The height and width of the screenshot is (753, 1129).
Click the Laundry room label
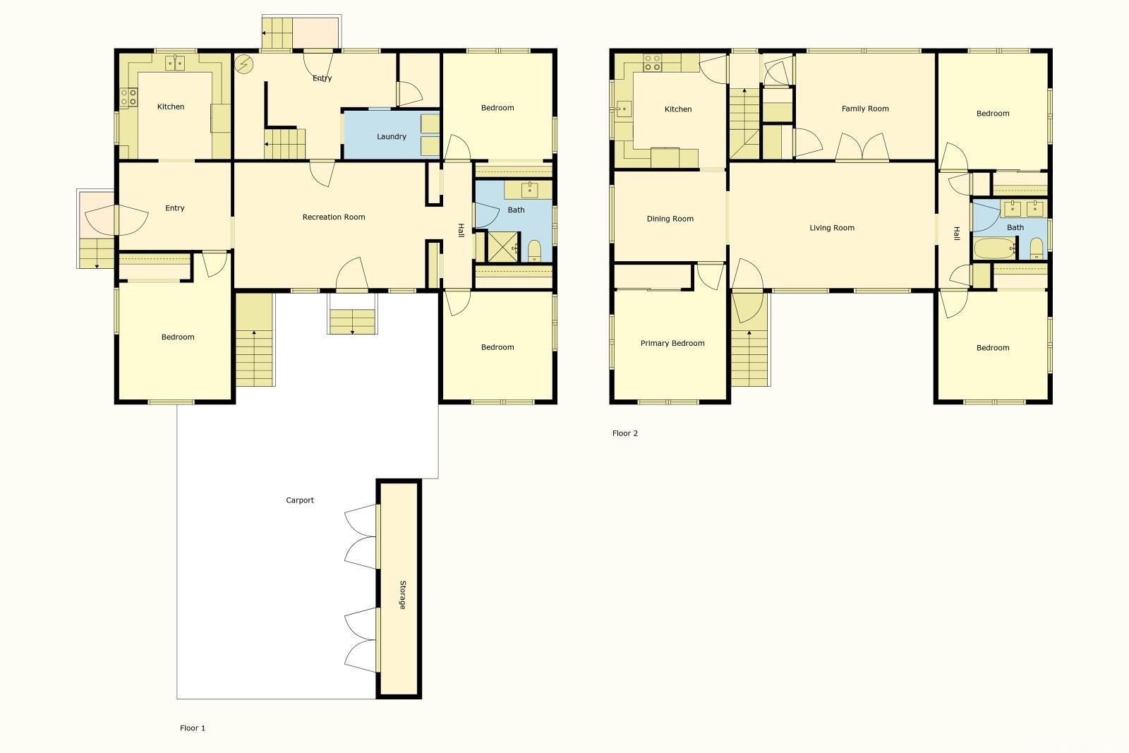coord(391,137)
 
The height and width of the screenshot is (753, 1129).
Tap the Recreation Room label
coord(334,217)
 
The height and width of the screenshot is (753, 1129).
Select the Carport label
coord(300,500)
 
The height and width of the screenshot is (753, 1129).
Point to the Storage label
coord(403,595)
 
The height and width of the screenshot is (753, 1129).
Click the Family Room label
coord(865,109)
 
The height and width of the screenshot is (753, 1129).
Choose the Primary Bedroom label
coord(672,343)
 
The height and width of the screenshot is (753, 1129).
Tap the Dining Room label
coord(670,219)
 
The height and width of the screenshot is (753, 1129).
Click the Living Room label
coord(832,228)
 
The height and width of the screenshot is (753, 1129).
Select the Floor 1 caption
coord(193,728)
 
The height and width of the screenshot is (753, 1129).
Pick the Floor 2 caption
coord(625,433)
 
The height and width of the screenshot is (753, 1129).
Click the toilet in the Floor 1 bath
coord(534,251)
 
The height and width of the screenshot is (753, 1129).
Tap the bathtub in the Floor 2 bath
coord(994,248)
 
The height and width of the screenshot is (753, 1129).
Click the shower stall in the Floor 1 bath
coord(503,247)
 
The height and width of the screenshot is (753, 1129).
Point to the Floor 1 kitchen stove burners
coord(128,97)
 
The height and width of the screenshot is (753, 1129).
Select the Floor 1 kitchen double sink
coord(175,63)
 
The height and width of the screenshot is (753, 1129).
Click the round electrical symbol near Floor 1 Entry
coord(244,64)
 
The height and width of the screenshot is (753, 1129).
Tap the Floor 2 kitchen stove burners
coord(652,63)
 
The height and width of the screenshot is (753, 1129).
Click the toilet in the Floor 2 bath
coord(1037,248)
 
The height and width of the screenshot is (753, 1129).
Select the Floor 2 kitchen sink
coord(624,109)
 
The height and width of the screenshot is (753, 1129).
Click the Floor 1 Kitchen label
coord(171,107)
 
